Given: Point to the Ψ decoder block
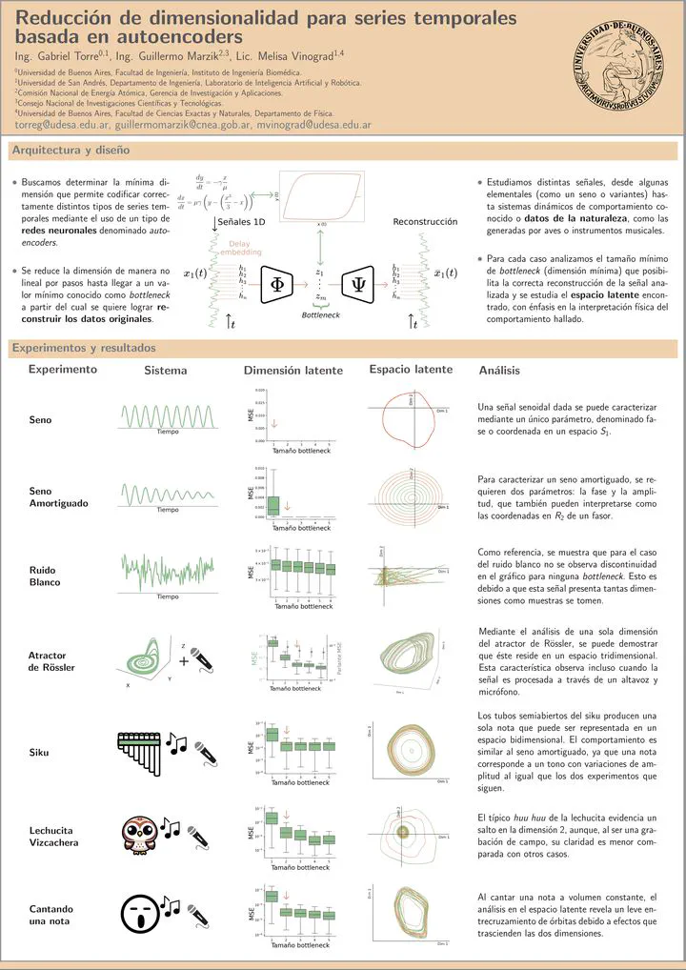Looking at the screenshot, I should click(x=360, y=283).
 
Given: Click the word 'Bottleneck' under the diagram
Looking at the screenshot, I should click(x=320, y=313).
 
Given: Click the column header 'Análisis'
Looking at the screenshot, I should click(x=500, y=370).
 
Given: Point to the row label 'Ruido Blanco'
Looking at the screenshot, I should click(x=45, y=576).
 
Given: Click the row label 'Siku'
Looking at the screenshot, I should click(x=40, y=753).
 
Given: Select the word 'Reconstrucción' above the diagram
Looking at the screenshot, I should click(x=426, y=222).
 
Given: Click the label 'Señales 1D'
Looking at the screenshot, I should click(x=242, y=222).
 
